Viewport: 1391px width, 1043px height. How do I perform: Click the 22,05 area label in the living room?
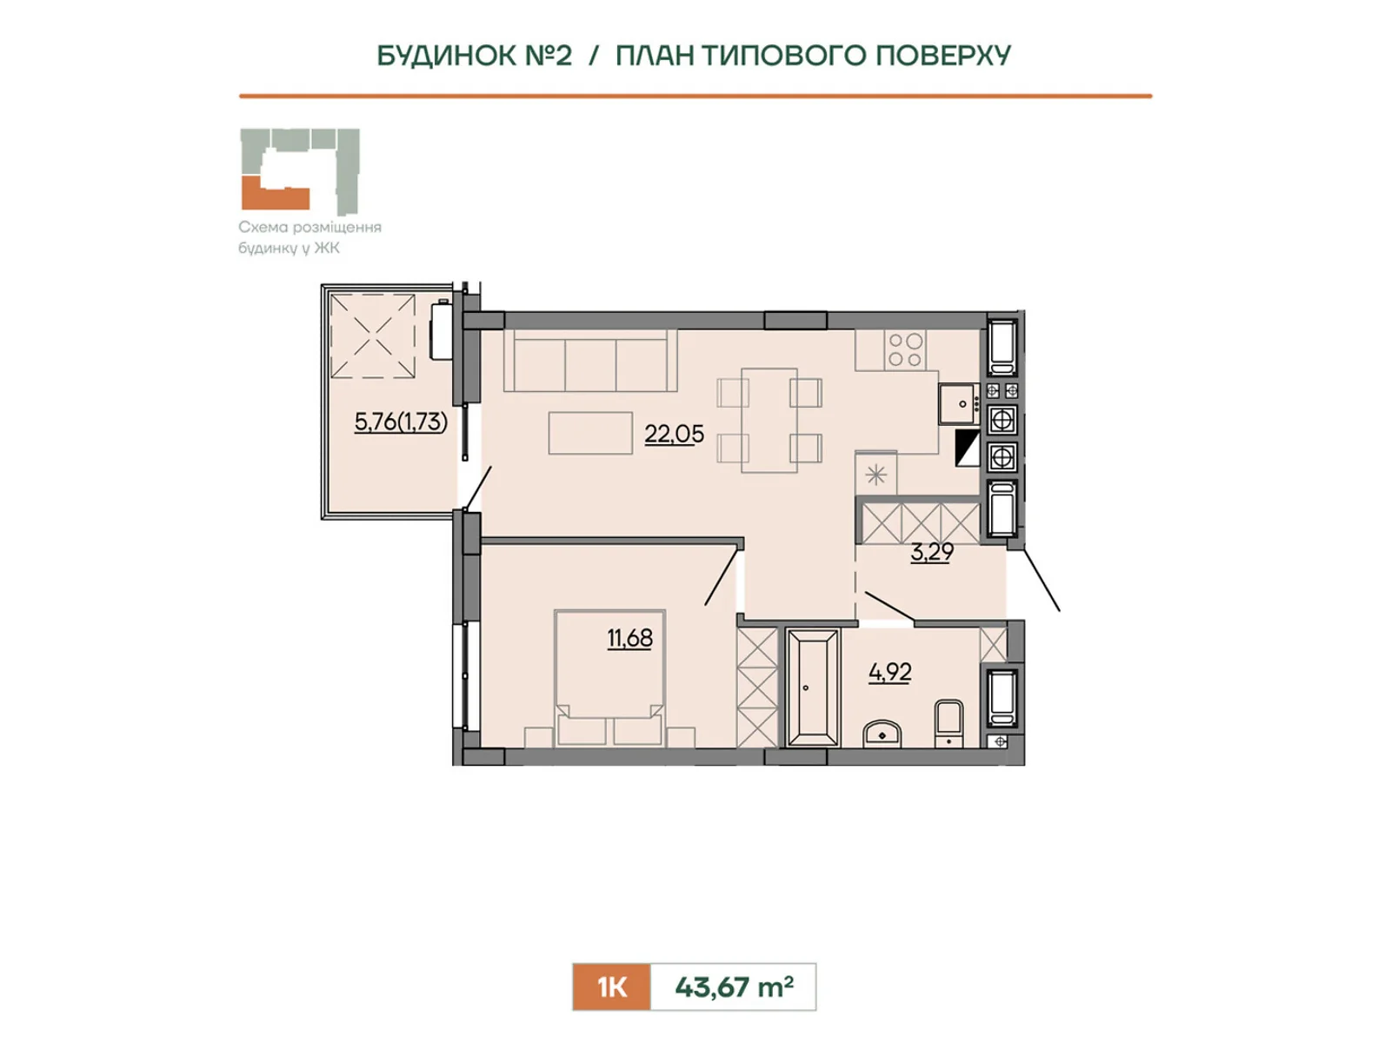pos(674,435)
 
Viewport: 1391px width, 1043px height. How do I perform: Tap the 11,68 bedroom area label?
pos(630,638)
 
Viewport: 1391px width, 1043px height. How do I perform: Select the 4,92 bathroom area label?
pos(889,672)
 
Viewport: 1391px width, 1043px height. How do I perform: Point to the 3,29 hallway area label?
pos(932,552)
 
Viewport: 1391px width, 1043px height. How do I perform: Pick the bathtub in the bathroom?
pos(812,688)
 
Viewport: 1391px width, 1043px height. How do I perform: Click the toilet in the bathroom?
pos(948,724)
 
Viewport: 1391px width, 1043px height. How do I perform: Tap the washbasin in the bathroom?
pos(882,734)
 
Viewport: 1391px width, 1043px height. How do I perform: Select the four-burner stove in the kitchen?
pos(905,349)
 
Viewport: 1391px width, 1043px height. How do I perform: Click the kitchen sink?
pos(958,404)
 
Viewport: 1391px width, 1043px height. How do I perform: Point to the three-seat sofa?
pos(590,360)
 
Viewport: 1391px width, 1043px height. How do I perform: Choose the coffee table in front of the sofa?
pos(590,433)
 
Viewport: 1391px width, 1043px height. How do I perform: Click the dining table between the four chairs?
pos(769,421)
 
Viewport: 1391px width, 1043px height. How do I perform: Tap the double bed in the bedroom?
pos(609,678)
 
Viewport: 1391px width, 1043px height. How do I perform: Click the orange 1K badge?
pos(611,987)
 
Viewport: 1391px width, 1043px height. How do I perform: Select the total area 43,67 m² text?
pos(734,987)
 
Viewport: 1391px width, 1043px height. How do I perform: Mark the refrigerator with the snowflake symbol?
pos(875,474)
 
